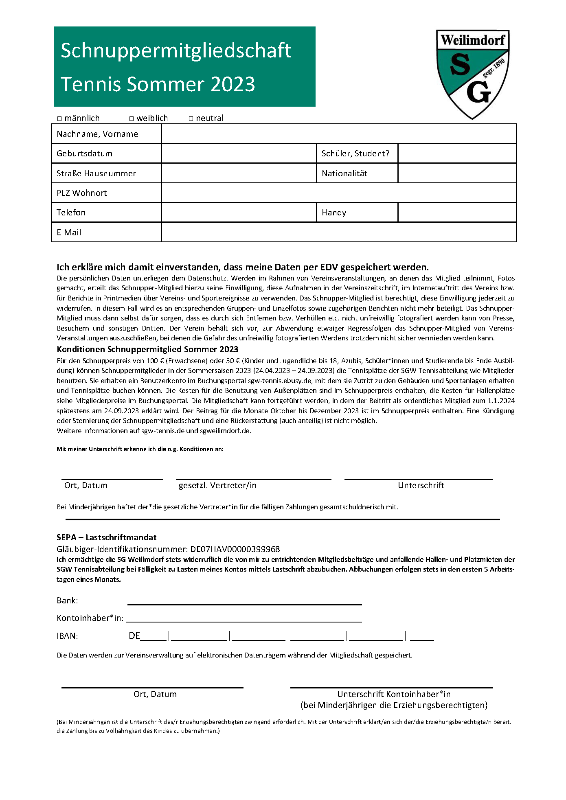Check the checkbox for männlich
coord(59,119)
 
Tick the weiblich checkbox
coord(132,119)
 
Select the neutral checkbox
coord(191,119)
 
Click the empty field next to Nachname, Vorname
coord(338,134)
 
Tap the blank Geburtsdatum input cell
coord(239,153)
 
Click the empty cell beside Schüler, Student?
coord(456,153)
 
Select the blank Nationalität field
coord(456,173)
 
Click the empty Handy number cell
coord(456,213)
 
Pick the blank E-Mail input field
coord(338,232)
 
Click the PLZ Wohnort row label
coord(82,193)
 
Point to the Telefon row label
coord(71,213)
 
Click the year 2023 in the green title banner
coord(233,84)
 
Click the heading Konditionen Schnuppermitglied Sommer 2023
coord(147,349)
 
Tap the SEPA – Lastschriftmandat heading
coord(107,537)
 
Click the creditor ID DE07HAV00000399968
coord(235,549)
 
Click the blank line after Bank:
coord(244,601)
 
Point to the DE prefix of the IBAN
coord(134,636)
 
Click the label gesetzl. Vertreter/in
coord(217,485)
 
